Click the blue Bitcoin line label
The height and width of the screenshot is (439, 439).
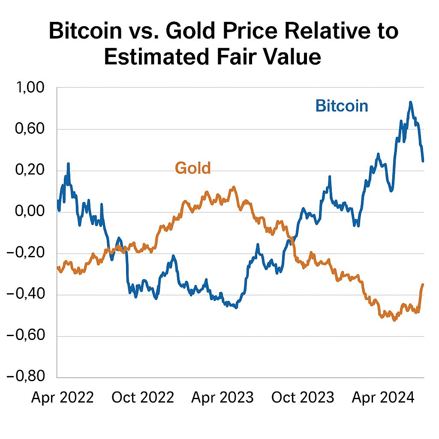point(342,105)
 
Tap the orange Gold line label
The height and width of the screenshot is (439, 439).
point(193,168)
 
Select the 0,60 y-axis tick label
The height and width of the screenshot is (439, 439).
point(30,129)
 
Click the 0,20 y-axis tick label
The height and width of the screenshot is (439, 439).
point(30,171)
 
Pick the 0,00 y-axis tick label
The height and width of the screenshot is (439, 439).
point(30,212)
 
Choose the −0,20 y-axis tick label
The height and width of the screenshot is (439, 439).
point(26,253)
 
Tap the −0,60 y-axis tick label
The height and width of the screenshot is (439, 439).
point(26,336)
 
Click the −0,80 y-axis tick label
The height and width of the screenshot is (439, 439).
point(26,377)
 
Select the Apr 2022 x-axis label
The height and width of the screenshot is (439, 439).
point(63,398)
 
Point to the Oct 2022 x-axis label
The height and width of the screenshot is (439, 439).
point(143,398)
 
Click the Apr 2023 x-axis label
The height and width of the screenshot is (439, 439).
point(223,398)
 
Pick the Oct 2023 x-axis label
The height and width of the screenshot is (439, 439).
point(303,398)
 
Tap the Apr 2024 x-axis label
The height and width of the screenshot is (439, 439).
point(383,398)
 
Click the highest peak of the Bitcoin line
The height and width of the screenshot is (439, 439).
point(410,102)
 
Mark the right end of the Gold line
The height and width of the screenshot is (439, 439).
point(423,284)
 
